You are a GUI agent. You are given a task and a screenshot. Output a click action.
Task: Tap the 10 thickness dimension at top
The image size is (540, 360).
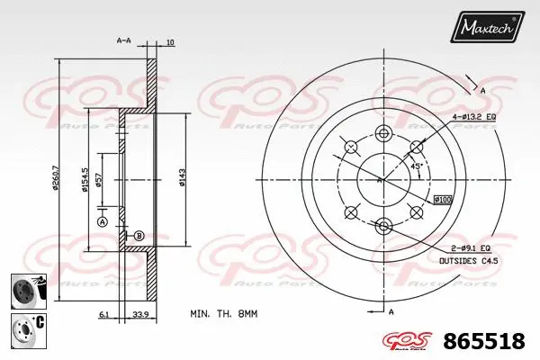point(170,41)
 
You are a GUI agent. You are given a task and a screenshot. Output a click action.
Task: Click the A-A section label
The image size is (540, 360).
point(125,41)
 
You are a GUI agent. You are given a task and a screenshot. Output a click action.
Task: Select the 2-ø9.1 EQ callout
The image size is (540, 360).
point(471,247)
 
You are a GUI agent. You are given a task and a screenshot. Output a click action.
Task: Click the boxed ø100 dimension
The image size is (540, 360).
point(442,198)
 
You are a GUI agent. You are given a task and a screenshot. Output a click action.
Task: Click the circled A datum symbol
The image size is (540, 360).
point(102,220)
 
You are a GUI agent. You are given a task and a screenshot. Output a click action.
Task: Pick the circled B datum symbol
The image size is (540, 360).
point(139,236)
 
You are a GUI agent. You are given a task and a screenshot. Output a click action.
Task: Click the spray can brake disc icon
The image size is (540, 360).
point(27,291)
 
